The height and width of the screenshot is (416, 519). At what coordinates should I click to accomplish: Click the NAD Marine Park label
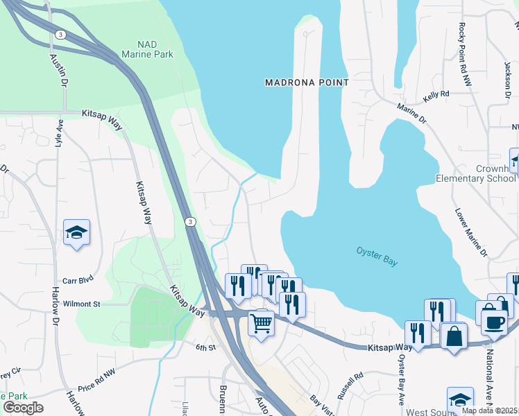point(146,49)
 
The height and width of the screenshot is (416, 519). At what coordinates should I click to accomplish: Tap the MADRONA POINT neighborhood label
point(307,83)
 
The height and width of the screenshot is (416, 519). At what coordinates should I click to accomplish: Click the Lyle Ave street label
point(60,133)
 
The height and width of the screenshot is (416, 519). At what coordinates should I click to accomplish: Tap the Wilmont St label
point(82,304)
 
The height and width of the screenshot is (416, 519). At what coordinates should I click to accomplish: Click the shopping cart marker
point(261,322)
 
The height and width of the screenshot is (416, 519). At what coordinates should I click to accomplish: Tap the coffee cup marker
point(493,321)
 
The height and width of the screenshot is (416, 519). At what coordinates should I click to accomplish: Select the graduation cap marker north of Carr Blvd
point(76,233)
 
